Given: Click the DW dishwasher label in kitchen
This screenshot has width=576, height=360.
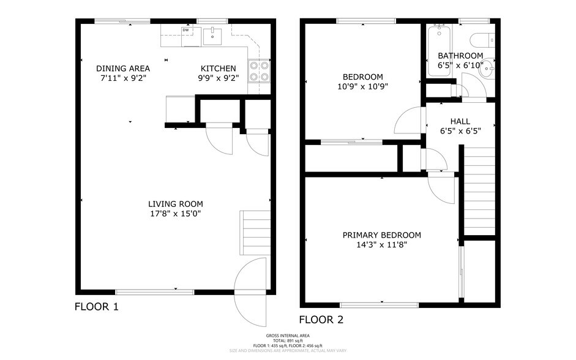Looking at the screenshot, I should coord(185,30).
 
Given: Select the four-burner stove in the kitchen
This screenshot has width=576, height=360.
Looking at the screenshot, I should coord(259,72).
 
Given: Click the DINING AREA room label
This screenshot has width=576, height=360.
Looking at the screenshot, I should coord(123,68).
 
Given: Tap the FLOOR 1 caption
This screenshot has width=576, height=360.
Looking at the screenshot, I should coord(96,307).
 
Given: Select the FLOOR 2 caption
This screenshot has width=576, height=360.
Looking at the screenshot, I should coord(321,320).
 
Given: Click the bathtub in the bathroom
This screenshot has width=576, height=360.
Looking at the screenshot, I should coord(439,51).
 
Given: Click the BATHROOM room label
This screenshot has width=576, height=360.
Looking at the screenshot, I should coord(460,56).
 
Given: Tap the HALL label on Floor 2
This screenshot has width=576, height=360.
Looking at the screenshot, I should coord(460,121).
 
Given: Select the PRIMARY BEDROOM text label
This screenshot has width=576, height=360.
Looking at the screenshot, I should coord(381,235).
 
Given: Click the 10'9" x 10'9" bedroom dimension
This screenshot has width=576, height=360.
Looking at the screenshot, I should coord(363,86).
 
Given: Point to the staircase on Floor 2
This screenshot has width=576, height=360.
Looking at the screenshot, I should coord(477,190).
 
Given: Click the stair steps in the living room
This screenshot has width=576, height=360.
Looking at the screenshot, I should coord(255,228).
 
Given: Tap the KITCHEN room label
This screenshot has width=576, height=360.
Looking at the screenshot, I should coord(219,68).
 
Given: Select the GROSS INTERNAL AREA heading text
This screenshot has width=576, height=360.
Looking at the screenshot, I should coord(288,336).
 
